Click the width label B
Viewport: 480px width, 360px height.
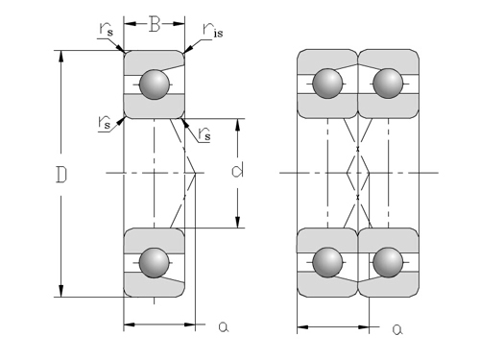tap(155, 24)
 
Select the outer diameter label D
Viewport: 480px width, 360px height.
tap(61, 175)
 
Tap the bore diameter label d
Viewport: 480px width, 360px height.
tap(237, 171)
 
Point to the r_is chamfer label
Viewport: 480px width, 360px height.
tap(213, 30)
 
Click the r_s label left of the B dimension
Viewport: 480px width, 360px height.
tap(106, 29)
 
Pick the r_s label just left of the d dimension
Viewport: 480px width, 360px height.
tap(204, 133)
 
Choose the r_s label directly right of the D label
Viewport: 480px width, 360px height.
tap(105, 123)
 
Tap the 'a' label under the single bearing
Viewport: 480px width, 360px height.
tap(224, 326)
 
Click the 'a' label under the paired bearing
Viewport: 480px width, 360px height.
tap(397, 329)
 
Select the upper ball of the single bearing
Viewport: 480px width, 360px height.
tap(155, 84)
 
